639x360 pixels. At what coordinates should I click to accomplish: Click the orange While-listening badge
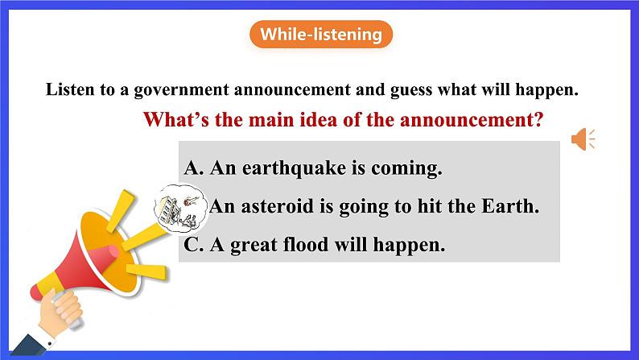pos(321,35)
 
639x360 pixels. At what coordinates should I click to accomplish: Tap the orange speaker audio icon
pos(583,139)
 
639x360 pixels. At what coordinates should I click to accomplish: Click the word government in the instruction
pos(181,89)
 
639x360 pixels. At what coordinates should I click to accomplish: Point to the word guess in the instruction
pos(411,90)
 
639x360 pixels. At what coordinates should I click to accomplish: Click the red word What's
pos(175,120)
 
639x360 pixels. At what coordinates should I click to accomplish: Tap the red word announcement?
pos(472,120)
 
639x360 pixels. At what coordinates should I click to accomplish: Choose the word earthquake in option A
pos(295,168)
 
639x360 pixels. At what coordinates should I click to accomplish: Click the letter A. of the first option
pos(194,168)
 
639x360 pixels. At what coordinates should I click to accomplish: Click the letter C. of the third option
pos(194,245)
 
